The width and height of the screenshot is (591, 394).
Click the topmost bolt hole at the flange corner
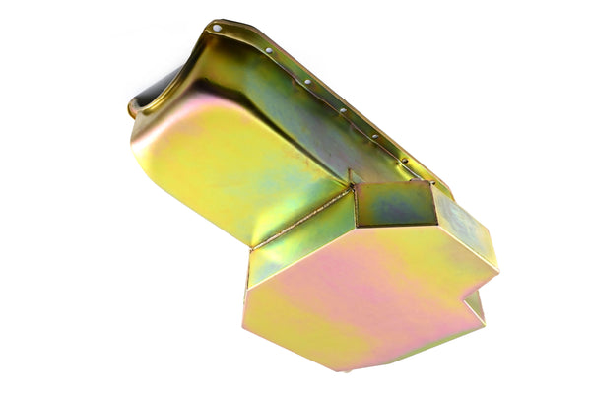(217, 29)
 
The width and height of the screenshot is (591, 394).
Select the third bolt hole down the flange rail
(307, 82)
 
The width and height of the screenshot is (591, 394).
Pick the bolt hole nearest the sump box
(403, 160)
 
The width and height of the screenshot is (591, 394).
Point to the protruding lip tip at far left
(131, 109)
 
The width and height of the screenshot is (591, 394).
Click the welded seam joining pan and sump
(300, 222)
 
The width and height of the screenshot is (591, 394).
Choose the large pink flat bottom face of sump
(364, 295)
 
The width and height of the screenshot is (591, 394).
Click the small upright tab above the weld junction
(352, 178)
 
